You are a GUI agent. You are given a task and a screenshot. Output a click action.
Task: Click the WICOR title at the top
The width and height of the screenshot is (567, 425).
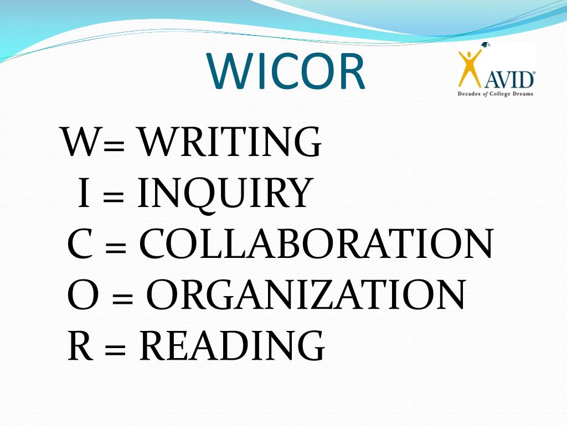click(x=286, y=72)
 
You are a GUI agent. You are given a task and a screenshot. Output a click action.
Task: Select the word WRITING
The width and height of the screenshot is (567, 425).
click(x=229, y=143)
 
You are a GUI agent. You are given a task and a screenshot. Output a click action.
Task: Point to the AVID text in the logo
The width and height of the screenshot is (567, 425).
click(x=510, y=79)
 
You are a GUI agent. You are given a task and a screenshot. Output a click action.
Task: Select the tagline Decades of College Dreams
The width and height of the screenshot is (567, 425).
click(x=495, y=94)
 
